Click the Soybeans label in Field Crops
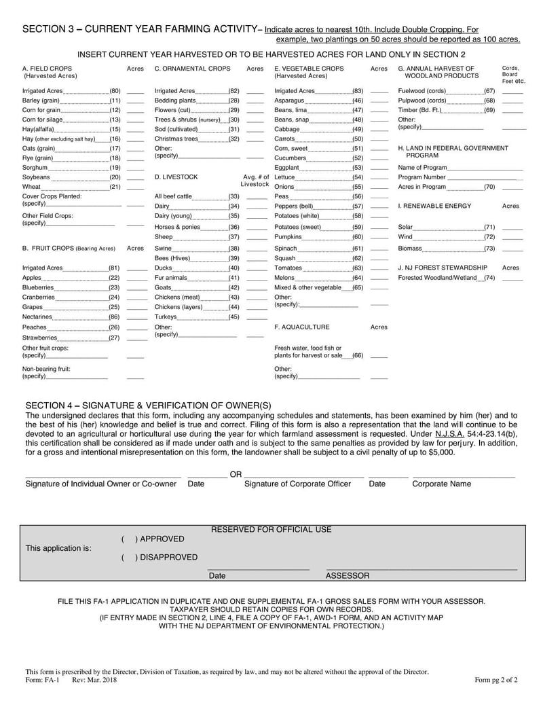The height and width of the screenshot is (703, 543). pyautogui.click(x=36, y=177)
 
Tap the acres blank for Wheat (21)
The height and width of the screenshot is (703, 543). pyautogui.click(x=135, y=187)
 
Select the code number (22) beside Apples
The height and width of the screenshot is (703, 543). pyautogui.click(x=114, y=278)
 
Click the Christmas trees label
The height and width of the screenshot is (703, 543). pyautogui.click(x=176, y=139)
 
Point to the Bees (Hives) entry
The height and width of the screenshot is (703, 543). pyautogui.click(x=172, y=258)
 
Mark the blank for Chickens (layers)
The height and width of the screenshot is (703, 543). pyautogui.click(x=257, y=308)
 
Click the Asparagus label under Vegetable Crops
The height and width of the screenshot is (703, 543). pyautogui.click(x=288, y=101)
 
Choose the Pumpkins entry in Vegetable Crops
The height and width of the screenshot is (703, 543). pyautogui.click(x=288, y=237)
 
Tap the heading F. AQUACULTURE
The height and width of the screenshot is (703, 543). pyautogui.click(x=302, y=327)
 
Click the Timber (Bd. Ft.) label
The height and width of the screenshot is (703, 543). pyautogui.click(x=420, y=110)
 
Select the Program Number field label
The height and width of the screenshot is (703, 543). pyautogui.click(x=422, y=177)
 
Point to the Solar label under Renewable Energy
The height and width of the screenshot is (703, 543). pyautogui.click(x=405, y=227)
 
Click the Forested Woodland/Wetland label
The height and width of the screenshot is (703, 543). pyautogui.click(x=436, y=278)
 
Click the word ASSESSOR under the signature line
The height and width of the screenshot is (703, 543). pyautogui.click(x=348, y=576)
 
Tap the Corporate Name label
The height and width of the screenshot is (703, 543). pyautogui.click(x=441, y=484)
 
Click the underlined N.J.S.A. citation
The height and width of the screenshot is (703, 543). pyautogui.click(x=449, y=433)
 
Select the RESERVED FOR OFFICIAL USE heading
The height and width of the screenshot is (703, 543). pyautogui.click(x=271, y=530)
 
